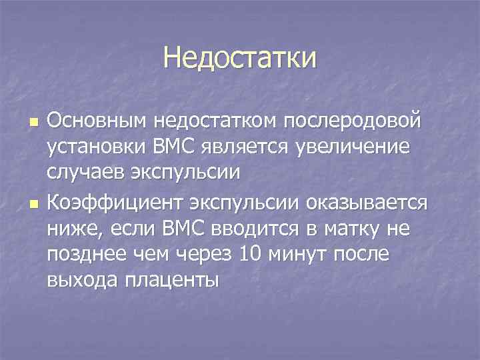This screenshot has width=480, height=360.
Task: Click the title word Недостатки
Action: tap(240, 59)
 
